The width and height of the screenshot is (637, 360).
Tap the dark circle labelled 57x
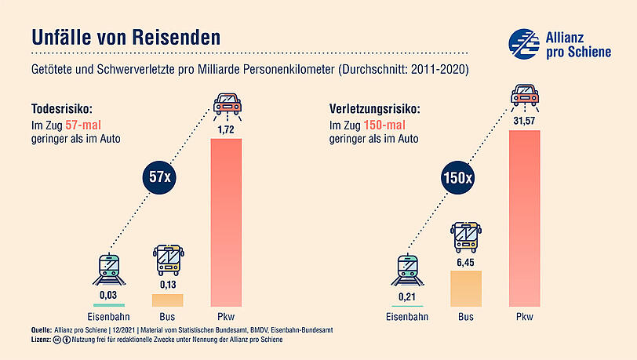point(159,177)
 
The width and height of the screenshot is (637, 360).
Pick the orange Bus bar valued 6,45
point(464,288)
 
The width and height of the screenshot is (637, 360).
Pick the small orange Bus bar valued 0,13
point(167,300)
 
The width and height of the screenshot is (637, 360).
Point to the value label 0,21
point(405,295)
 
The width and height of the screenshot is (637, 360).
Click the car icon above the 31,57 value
point(525,95)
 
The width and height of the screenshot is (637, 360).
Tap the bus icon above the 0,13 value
point(168,258)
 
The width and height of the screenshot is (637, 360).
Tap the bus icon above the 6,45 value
point(464,235)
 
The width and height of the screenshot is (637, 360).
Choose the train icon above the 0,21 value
point(405,270)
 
